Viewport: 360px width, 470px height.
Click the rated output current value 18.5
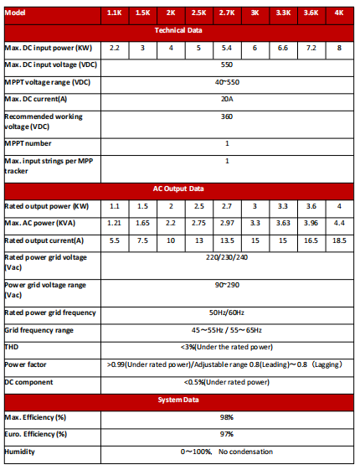click(x=338, y=240)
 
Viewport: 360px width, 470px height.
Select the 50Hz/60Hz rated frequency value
click(x=226, y=313)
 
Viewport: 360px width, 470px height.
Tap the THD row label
click(x=11, y=347)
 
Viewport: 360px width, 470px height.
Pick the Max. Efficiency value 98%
click(x=226, y=417)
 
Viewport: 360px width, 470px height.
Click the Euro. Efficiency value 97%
click(x=226, y=434)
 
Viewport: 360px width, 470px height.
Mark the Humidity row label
click(x=20, y=452)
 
